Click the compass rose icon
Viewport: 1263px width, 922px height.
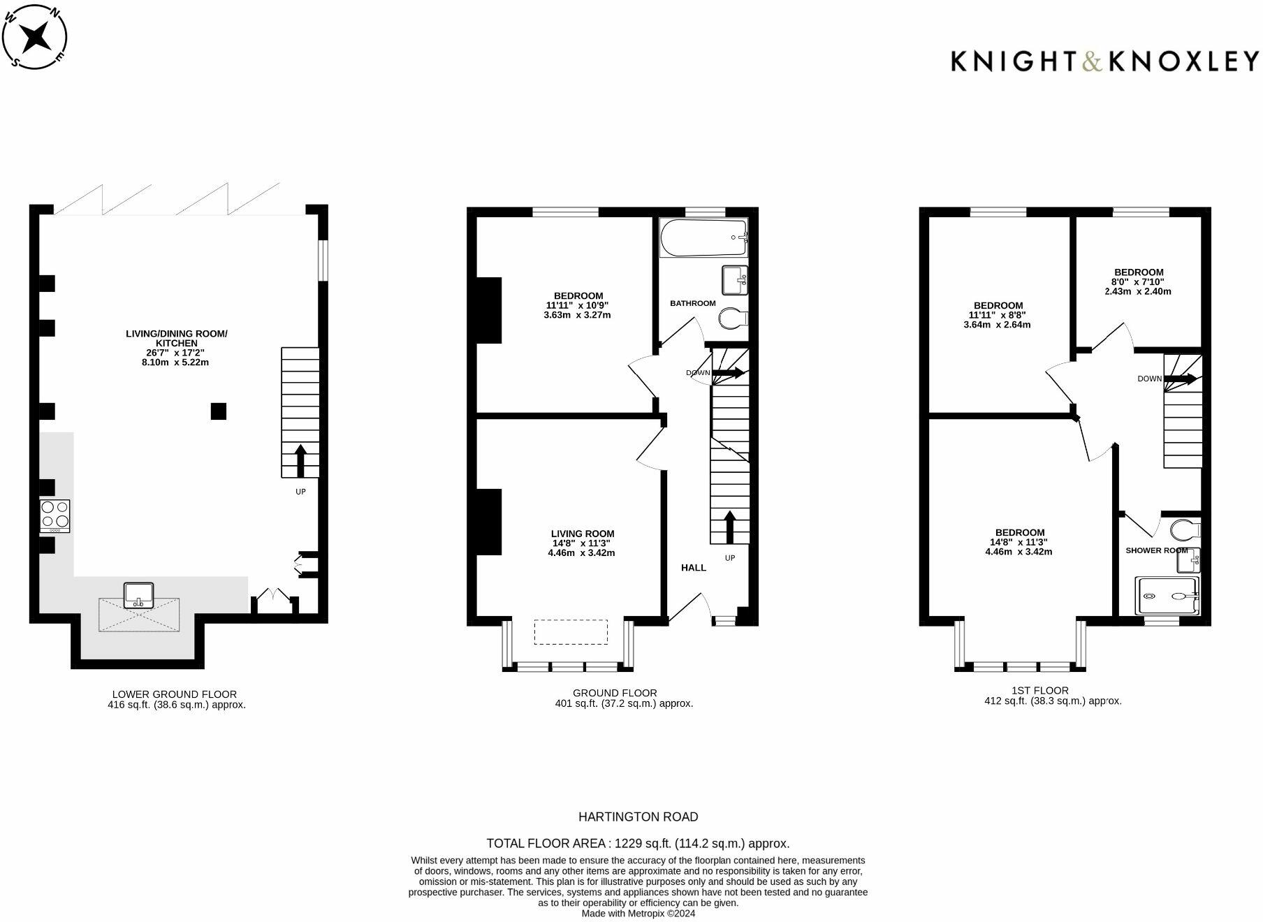pos(35,36)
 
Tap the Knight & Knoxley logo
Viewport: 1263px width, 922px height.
pos(1104,61)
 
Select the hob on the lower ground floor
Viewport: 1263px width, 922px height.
pos(55,516)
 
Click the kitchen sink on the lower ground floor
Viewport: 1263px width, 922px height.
pos(139,594)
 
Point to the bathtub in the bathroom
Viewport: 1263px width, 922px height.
pos(704,237)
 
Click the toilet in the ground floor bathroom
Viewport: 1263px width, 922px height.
pos(733,318)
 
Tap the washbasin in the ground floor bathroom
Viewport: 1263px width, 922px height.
pos(735,281)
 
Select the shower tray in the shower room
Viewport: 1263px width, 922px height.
pos(1167,596)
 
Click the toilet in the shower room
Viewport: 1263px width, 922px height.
pos(1186,530)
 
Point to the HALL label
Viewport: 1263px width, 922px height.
pos(694,568)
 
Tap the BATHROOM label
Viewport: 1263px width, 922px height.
pos(693,303)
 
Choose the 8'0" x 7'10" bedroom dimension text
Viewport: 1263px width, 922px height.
pos(1138,281)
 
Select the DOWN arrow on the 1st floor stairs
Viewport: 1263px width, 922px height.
pos(1180,379)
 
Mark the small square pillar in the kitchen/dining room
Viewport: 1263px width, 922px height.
pos(219,411)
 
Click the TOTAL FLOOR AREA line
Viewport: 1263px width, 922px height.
pos(638,843)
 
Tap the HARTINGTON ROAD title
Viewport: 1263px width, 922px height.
pos(638,817)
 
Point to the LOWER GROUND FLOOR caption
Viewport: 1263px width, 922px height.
pos(175,694)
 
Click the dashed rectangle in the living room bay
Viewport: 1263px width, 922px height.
pos(571,631)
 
